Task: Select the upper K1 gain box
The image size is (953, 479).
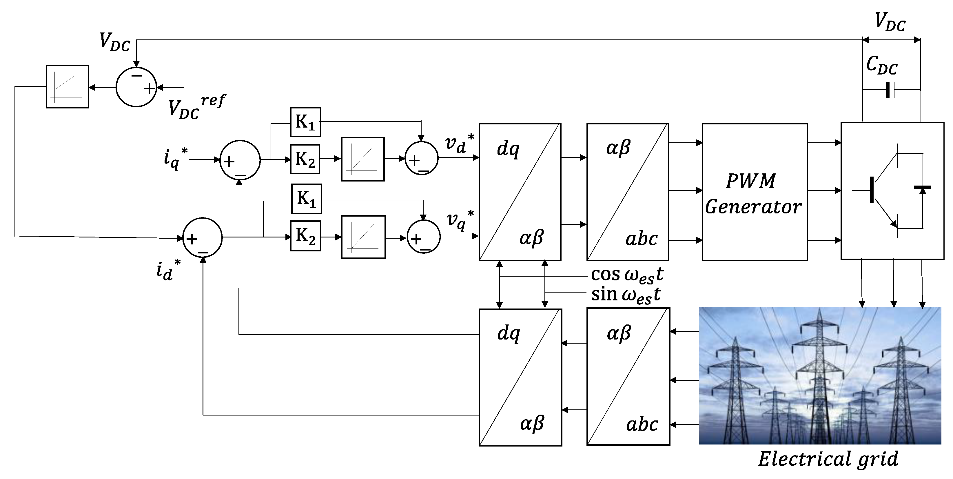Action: coord(305,122)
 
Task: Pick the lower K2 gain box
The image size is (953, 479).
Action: coord(305,236)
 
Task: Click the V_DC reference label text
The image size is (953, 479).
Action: coord(196,107)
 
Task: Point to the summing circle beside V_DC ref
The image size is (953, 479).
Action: coord(136,87)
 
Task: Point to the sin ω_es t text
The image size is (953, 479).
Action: coord(626,295)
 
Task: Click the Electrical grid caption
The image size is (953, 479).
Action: coord(828,459)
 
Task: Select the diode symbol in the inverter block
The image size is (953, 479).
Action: coord(922,189)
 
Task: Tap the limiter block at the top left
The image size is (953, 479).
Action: coord(67,87)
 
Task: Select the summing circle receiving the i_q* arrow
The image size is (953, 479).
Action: coord(240,160)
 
